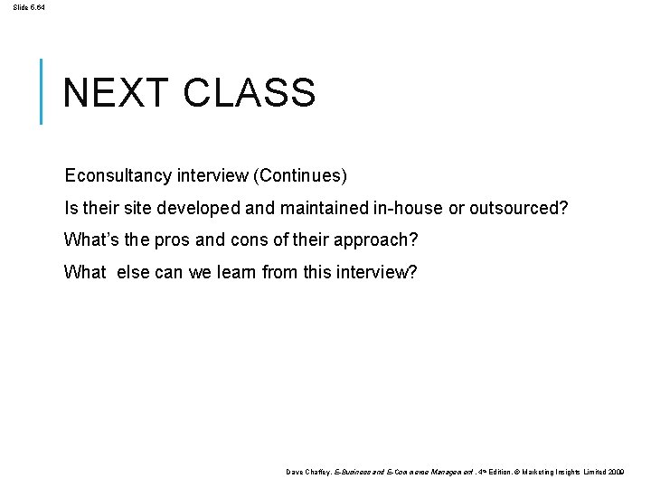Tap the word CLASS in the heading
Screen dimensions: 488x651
(249, 92)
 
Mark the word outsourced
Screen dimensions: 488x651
(518, 208)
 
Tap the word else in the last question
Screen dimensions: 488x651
(133, 272)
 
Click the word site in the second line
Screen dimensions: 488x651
(137, 208)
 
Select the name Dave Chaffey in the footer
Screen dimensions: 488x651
(307, 473)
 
